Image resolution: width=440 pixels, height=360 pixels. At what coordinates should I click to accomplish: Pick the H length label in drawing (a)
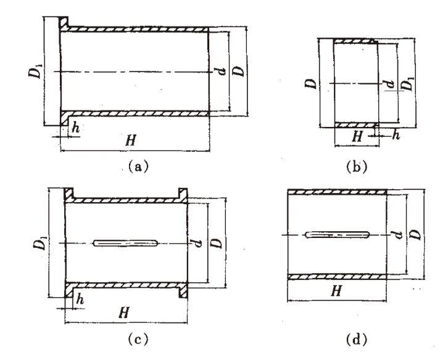click(x=130, y=141)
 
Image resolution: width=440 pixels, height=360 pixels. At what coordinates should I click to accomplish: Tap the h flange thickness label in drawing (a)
click(x=75, y=129)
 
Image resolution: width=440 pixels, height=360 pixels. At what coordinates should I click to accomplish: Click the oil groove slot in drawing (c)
click(x=126, y=243)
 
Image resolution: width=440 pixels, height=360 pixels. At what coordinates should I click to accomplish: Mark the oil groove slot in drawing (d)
click(x=338, y=235)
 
